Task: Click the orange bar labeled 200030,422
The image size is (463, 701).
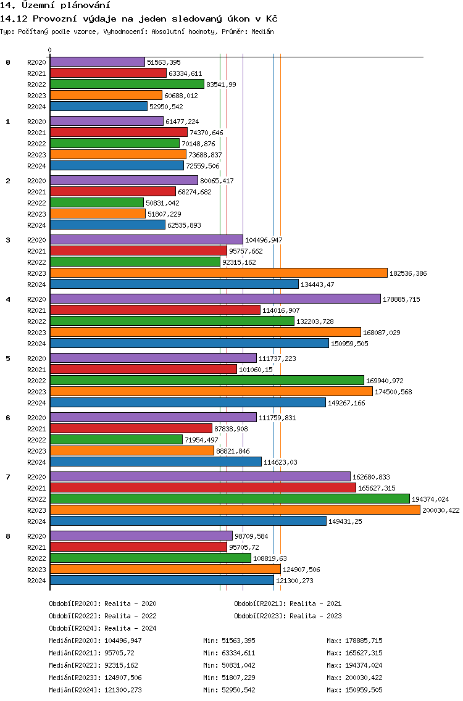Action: pos(235,510)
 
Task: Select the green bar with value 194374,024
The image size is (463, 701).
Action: pos(230,499)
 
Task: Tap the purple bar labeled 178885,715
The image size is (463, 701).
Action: pos(215,299)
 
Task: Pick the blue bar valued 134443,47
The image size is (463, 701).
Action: pos(175,284)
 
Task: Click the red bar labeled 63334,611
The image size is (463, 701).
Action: pos(108,73)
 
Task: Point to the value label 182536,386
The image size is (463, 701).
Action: pos(408,273)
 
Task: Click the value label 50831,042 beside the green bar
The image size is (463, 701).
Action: pos(162,203)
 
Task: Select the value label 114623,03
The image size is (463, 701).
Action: pos(280,462)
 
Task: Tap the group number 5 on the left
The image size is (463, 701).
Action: pos(7,359)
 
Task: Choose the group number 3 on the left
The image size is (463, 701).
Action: pos(7,240)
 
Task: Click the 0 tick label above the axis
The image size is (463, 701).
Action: pos(49,50)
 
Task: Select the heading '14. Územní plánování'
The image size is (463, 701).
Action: pos(55,6)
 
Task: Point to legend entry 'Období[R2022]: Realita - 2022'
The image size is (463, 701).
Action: pos(102,616)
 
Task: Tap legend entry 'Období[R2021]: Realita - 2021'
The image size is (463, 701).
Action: pos(288,604)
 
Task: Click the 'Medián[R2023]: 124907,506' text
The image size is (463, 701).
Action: pos(95,678)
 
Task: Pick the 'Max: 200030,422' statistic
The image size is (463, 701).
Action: pos(354,678)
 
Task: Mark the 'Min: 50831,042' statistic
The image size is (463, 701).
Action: pos(229,665)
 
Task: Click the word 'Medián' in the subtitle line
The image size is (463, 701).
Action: pos(262,31)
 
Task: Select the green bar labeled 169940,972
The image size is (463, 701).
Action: pos(207,381)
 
